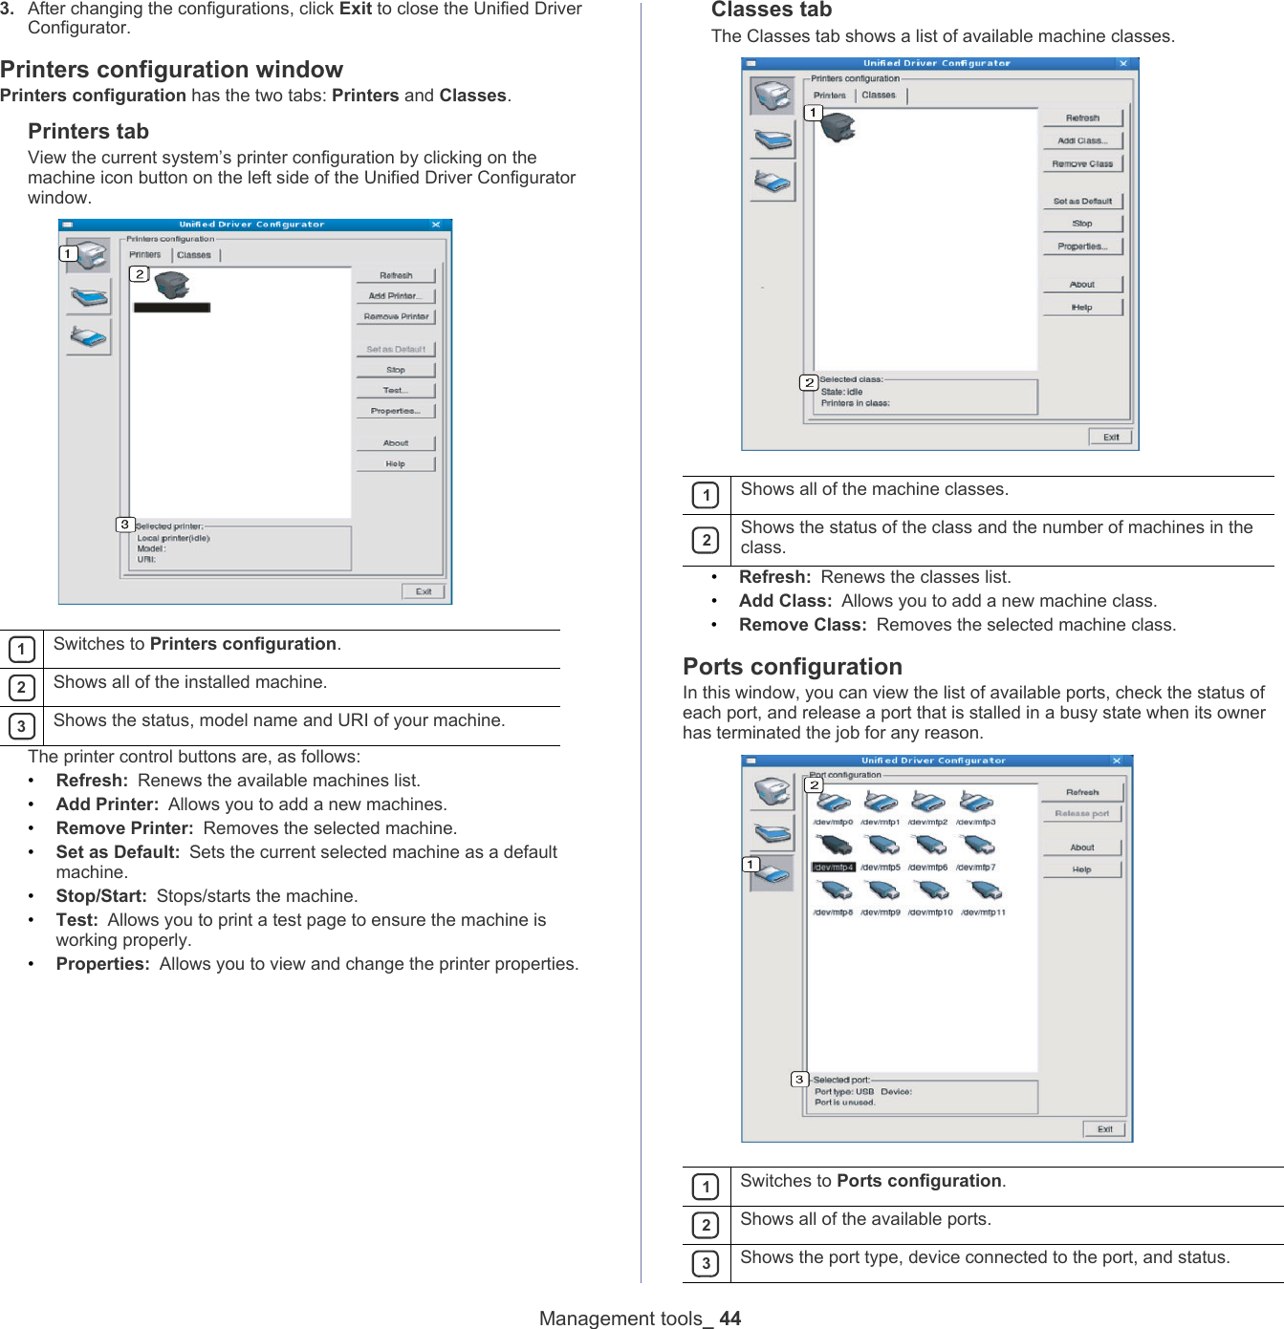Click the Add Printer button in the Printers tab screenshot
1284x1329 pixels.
point(394,296)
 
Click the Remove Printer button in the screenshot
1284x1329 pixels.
point(396,316)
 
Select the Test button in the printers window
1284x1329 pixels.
point(395,391)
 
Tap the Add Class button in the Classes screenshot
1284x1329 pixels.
point(1082,140)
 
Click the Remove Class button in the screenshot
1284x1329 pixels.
point(1082,164)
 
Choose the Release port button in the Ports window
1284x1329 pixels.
point(1082,814)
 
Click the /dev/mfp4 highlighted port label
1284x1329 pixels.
point(833,868)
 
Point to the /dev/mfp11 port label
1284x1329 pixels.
point(983,912)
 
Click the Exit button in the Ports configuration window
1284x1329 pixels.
point(1104,1129)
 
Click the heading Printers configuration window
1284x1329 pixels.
point(171,70)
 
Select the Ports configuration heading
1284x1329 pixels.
point(792,667)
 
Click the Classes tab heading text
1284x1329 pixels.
point(771,11)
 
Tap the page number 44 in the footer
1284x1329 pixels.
point(730,1318)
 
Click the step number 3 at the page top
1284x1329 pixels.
point(7,9)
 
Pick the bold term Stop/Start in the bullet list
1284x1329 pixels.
point(100,896)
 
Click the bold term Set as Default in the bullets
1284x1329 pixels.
point(118,852)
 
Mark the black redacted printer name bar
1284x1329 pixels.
point(172,308)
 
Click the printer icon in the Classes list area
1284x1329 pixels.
point(838,126)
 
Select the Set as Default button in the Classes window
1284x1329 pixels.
point(1082,202)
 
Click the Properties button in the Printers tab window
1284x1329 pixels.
point(395,411)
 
